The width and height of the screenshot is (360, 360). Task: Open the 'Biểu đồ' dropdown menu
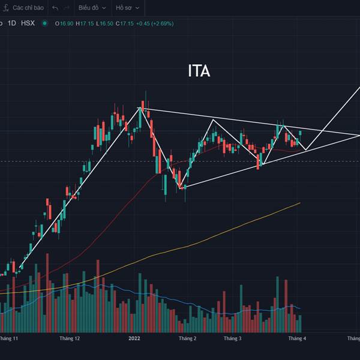(92, 8)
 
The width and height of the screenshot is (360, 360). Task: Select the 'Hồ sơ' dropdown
(127, 8)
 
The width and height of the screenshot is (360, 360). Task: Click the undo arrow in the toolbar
(55, 8)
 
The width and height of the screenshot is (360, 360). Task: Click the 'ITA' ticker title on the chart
(199, 71)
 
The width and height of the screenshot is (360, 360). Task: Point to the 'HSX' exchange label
(28, 23)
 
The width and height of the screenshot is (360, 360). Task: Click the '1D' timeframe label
(12, 23)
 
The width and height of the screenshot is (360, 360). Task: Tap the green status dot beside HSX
(44, 23)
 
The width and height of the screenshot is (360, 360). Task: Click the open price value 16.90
(66, 23)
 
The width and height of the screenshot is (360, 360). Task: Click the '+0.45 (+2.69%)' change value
(154, 23)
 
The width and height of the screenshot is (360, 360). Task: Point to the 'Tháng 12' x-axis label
(70, 338)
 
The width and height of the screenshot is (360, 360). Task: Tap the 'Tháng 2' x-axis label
(187, 338)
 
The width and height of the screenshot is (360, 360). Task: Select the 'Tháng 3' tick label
(232, 338)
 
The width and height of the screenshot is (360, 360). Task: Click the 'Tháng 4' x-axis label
(297, 338)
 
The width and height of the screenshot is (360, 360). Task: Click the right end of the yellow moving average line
(299, 203)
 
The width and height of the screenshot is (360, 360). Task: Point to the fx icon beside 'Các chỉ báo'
(5, 8)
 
